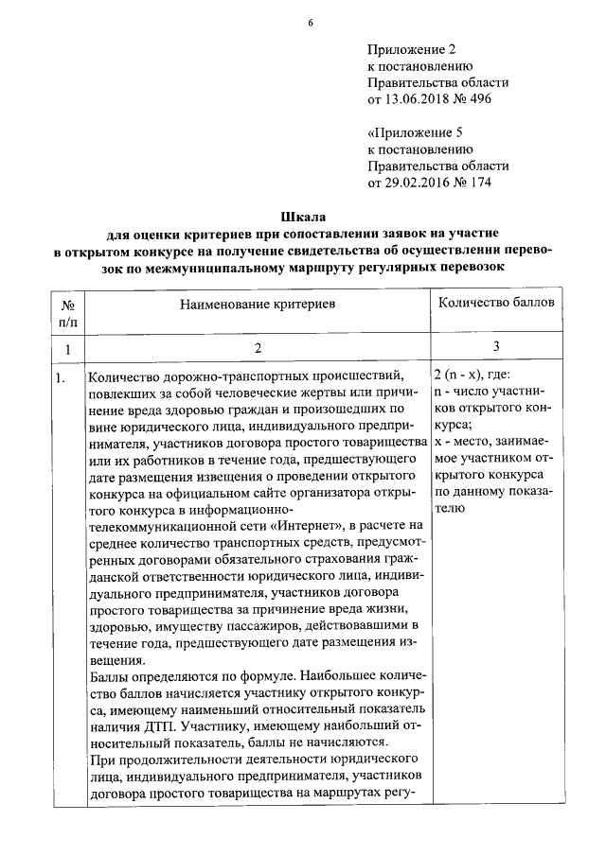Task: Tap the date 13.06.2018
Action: [x=419, y=98]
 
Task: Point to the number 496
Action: [x=480, y=98]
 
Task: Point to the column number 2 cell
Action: [x=257, y=349]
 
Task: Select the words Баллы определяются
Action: [x=141, y=676]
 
